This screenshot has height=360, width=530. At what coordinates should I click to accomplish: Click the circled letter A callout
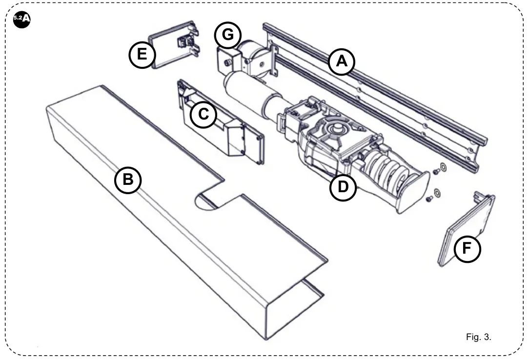click(341, 62)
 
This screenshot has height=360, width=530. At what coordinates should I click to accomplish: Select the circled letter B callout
click(128, 180)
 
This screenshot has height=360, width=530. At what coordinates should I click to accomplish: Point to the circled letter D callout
click(343, 187)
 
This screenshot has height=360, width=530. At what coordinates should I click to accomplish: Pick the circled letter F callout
click(467, 249)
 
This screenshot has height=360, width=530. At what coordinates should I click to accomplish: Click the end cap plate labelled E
click(168, 49)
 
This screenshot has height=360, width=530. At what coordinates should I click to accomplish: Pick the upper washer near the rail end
click(443, 167)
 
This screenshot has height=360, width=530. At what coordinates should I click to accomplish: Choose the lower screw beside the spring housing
click(429, 199)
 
